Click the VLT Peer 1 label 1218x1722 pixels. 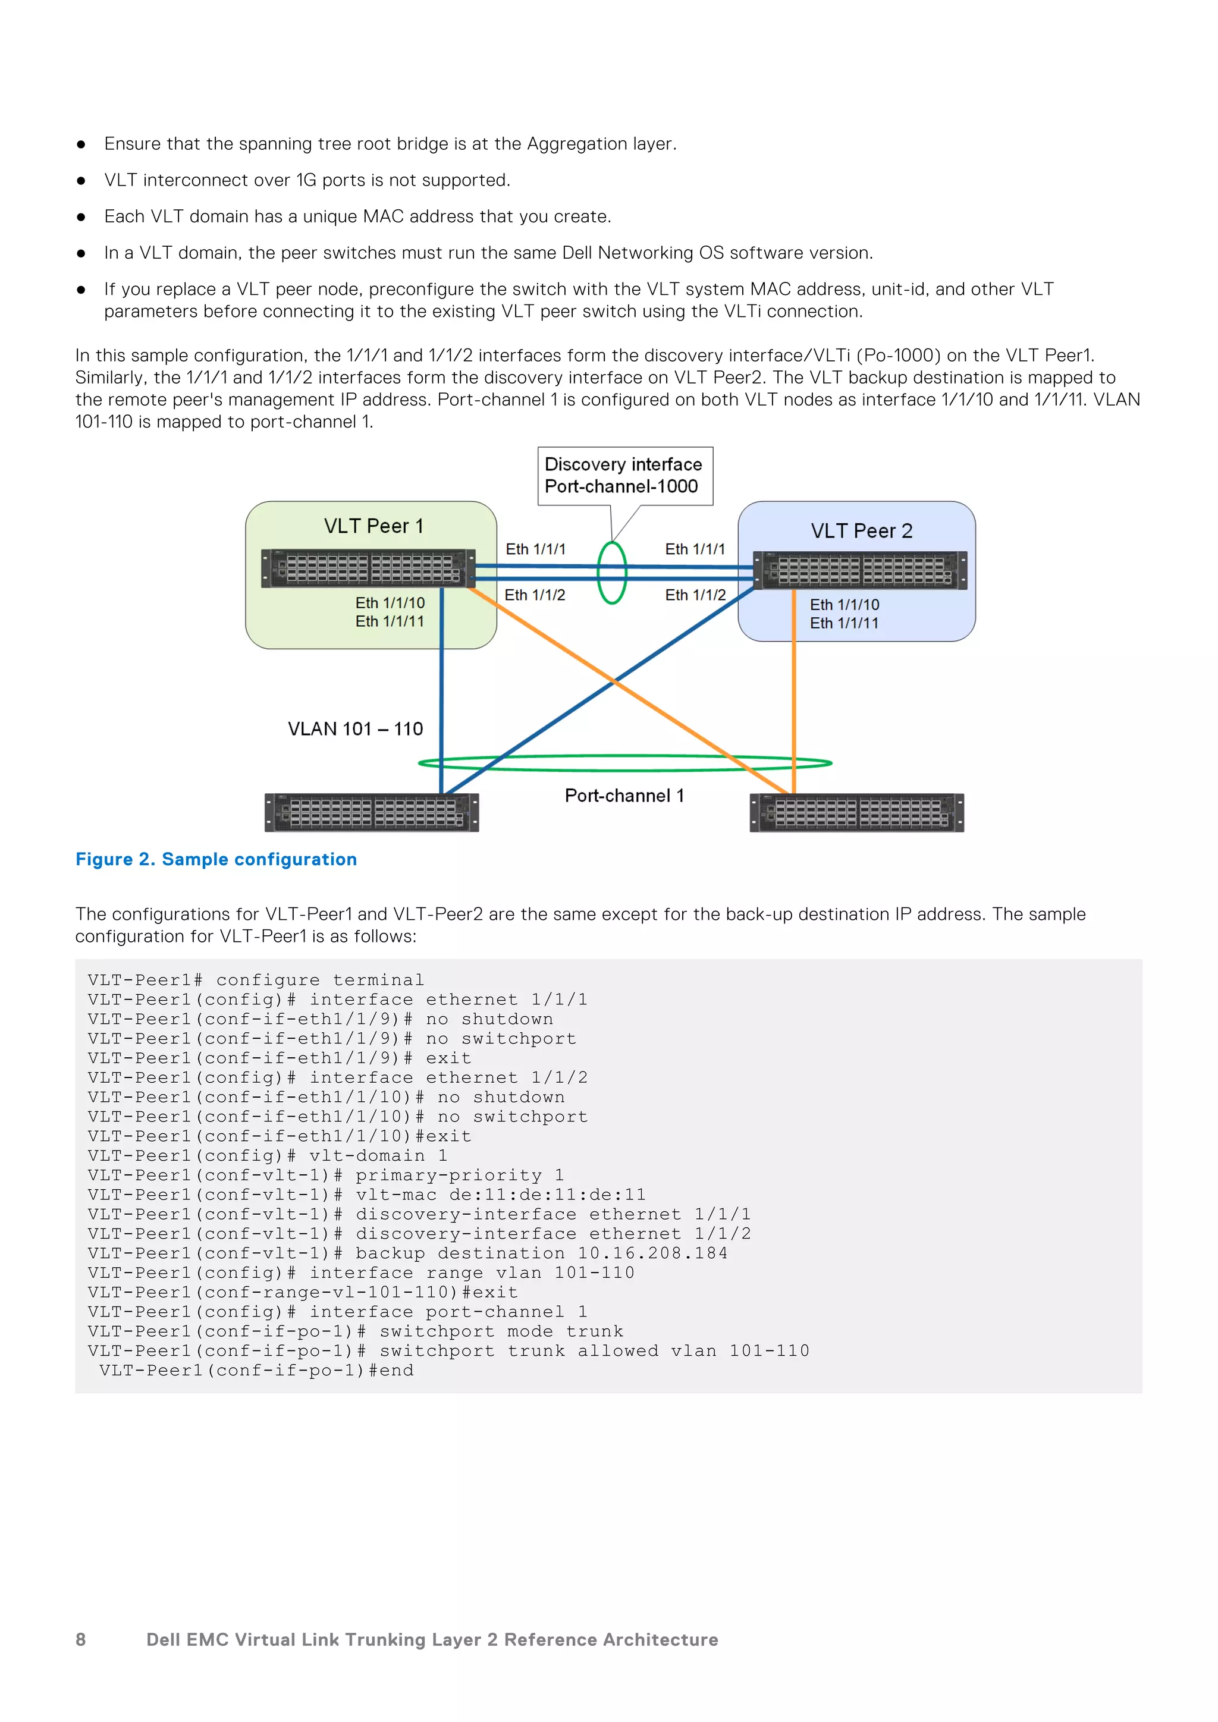[373, 526]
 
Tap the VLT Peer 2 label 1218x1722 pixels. [861, 531]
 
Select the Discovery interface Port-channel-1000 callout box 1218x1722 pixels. [624, 476]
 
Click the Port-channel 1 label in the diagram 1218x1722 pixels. [624, 796]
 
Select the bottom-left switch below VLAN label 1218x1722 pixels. [371, 813]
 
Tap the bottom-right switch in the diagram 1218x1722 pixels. [856, 813]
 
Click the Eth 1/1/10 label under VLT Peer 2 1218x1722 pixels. [845, 605]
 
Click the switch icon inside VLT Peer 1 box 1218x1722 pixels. [368, 568]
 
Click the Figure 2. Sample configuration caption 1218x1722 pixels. [216, 859]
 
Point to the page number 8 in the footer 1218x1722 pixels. [81, 1639]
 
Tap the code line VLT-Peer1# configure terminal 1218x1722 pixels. [256, 981]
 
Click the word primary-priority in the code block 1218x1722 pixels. [448, 1175]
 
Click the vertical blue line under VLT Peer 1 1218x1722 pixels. [441, 690]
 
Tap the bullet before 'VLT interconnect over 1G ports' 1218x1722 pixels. [81, 181]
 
